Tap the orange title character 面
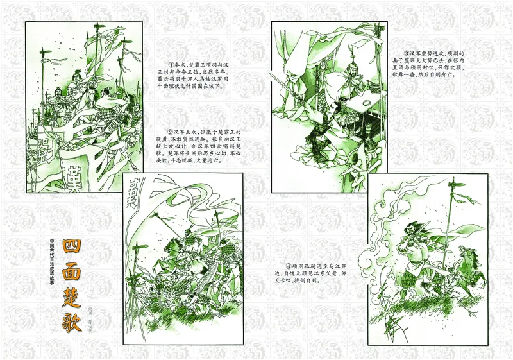click(74, 273)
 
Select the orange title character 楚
click(74, 299)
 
